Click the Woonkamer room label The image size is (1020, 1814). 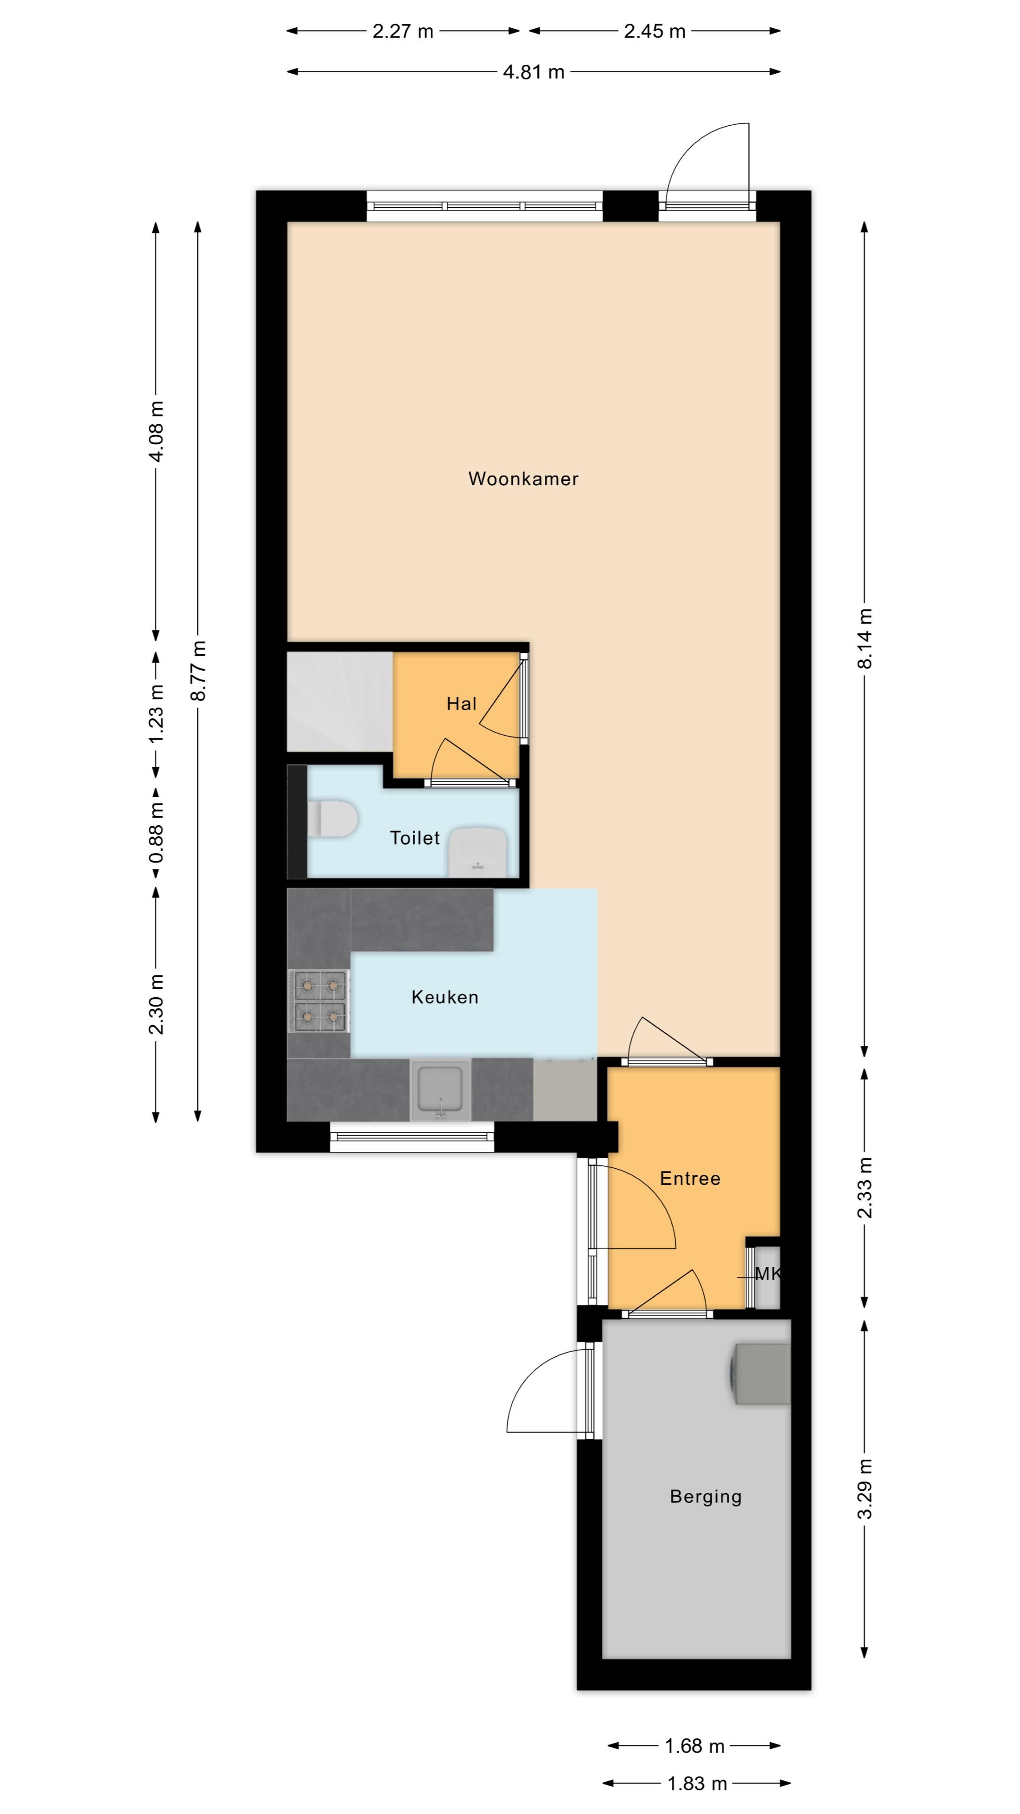pyautogui.click(x=523, y=479)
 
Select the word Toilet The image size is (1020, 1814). pyautogui.click(x=415, y=838)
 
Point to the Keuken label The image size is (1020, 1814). pyautogui.click(x=445, y=997)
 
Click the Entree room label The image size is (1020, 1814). pyautogui.click(x=690, y=1179)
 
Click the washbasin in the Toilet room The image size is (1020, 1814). pyautogui.click(x=478, y=852)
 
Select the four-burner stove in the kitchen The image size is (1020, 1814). pyautogui.click(x=320, y=1001)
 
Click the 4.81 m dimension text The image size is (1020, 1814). pyautogui.click(x=534, y=72)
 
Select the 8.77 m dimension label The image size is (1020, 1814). pyautogui.click(x=198, y=670)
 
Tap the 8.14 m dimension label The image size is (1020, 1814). pyautogui.click(x=865, y=639)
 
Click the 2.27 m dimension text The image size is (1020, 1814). pyautogui.click(x=403, y=31)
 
